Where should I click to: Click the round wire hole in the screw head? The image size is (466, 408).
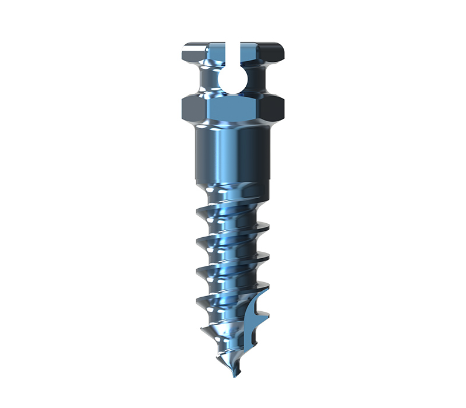click(233, 79)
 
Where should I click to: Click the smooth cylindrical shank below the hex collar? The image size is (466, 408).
click(233, 154)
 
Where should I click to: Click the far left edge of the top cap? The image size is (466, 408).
click(183, 52)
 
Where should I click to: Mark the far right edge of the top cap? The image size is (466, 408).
click(283, 52)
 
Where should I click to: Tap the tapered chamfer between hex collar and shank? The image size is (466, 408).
click(233, 124)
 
